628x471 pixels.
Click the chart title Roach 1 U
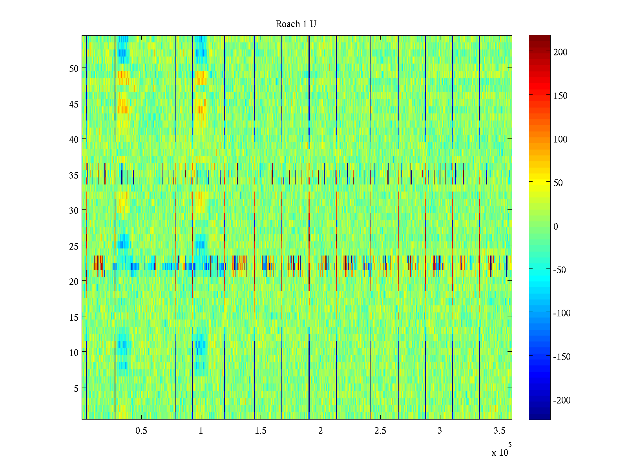click(x=296, y=24)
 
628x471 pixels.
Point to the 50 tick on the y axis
click(x=74, y=68)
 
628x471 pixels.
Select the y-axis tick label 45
click(x=74, y=104)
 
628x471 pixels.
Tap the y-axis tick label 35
click(x=74, y=175)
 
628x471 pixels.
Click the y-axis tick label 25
click(x=74, y=246)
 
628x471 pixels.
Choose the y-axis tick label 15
click(x=74, y=317)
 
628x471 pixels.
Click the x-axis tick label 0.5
click(x=141, y=431)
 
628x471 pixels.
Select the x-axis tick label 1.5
click(x=261, y=431)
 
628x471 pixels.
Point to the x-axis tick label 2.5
click(x=380, y=431)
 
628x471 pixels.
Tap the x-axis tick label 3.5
click(x=499, y=431)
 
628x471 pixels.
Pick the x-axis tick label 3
click(x=440, y=431)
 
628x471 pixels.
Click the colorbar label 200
click(x=560, y=52)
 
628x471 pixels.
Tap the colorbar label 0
click(x=555, y=226)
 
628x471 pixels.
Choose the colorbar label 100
click(x=560, y=139)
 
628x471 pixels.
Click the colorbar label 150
click(x=560, y=96)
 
